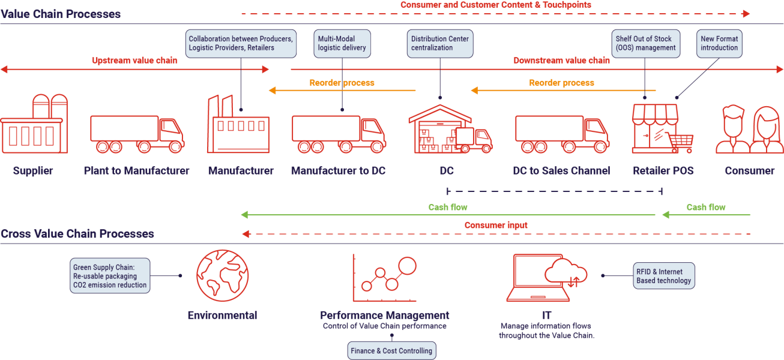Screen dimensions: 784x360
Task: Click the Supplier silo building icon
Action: [x=34, y=124]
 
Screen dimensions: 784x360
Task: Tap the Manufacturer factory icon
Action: [x=238, y=124]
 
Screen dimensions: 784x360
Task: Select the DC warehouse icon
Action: [x=450, y=129]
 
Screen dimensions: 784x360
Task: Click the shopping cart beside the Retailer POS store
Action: [x=681, y=143]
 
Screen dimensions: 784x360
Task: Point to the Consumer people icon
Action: [x=750, y=130]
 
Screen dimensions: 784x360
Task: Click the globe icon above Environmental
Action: [x=223, y=275]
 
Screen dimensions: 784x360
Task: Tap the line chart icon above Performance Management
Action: [x=385, y=278]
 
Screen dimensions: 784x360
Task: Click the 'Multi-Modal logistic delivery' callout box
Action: [x=342, y=43]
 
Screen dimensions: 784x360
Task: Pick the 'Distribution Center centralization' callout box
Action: [x=440, y=43]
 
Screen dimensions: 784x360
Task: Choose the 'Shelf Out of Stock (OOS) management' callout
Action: [x=646, y=43]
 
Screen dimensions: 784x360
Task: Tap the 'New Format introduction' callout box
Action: [x=719, y=43]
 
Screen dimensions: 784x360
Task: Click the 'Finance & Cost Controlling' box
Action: [x=391, y=350]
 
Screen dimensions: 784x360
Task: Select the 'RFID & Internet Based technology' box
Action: [x=663, y=275]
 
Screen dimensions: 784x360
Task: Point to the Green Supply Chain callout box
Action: [x=110, y=275]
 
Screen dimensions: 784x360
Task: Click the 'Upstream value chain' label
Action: [x=134, y=61]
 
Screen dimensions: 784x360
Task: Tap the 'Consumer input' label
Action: [x=496, y=225]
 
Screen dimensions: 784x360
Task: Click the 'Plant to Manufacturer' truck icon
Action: [x=137, y=134]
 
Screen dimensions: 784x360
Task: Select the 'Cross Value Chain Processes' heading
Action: [x=77, y=234]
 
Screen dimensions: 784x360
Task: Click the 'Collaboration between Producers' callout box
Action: [x=241, y=43]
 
